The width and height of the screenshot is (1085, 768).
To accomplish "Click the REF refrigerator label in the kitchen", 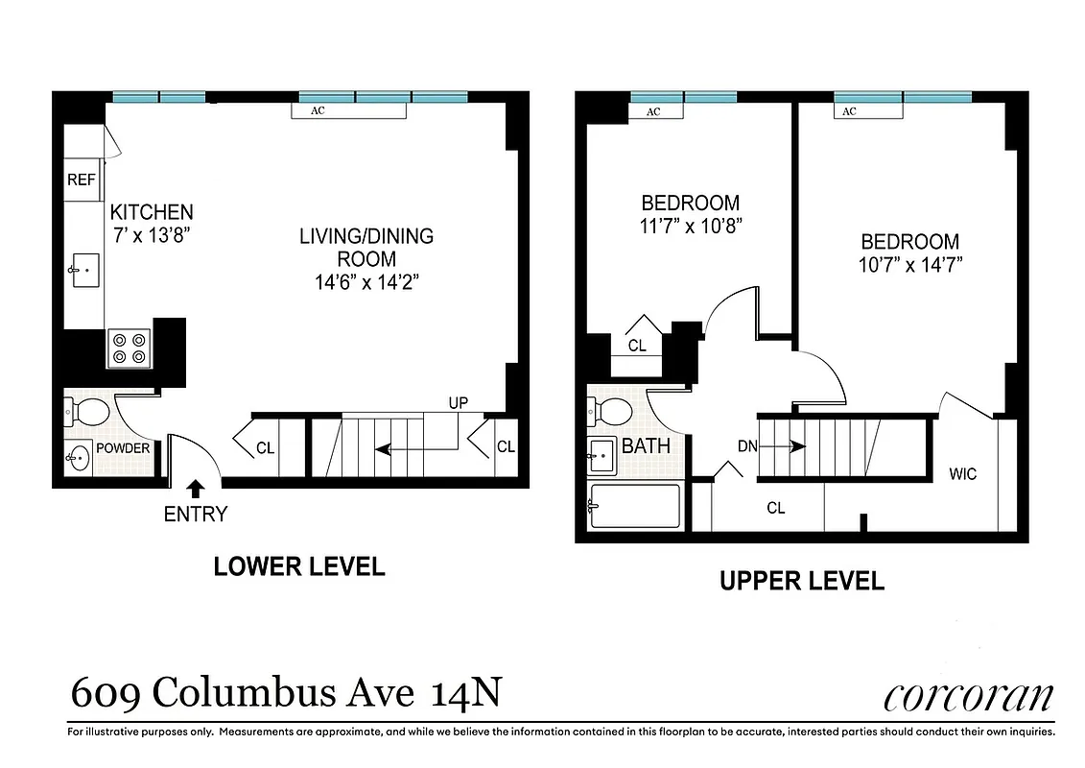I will click(x=78, y=180).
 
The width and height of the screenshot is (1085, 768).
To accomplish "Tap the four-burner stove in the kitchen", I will click(x=129, y=347).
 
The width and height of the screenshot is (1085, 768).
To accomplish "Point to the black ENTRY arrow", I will click(x=196, y=490).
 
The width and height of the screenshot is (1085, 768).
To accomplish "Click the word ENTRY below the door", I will click(x=196, y=515).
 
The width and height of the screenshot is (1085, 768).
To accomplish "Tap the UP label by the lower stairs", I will click(x=458, y=403).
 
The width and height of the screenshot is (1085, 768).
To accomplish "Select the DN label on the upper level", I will click(x=749, y=445).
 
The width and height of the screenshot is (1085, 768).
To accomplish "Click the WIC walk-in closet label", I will click(x=962, y=473).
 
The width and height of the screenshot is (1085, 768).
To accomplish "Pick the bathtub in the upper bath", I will click(x=634, y=506).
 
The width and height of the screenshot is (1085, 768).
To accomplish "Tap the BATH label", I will click(x=646, y=446).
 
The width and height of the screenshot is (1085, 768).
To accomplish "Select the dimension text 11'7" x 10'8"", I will click(x=691, y=226).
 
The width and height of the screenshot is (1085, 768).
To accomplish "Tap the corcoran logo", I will click(x=969, y=696).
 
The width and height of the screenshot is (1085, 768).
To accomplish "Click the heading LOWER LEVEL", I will click(x=298, y=566).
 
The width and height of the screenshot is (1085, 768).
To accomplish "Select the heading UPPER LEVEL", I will click(x=802, y=581).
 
